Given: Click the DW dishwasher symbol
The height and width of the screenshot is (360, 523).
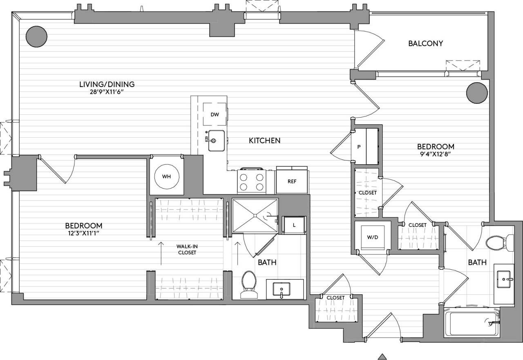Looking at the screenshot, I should pos(215,115).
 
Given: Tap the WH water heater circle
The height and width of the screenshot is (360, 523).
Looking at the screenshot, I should pos(166,177).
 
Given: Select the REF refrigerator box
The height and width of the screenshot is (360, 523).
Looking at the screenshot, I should pos(292,181).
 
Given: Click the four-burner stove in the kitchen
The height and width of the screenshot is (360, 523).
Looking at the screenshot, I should pos(251,182).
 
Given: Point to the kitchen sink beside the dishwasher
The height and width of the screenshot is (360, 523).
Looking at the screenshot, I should pos(215,140).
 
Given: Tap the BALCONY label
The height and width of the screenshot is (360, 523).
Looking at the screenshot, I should pos(425,43).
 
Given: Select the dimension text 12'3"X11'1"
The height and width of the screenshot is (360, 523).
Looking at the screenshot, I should pos(83,233).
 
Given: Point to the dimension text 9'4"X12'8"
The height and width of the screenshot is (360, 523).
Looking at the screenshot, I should pos(435,154).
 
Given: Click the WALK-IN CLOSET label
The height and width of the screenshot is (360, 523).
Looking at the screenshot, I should pos(186,249).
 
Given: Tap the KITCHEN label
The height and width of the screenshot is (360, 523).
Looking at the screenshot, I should pos(265,141).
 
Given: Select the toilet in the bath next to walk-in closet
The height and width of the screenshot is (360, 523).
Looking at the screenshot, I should pos(248,284).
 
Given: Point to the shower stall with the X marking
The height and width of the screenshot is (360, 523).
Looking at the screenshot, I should pos(255,215).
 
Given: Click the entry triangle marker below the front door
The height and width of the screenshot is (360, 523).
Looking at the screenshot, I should pos(382,356).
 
